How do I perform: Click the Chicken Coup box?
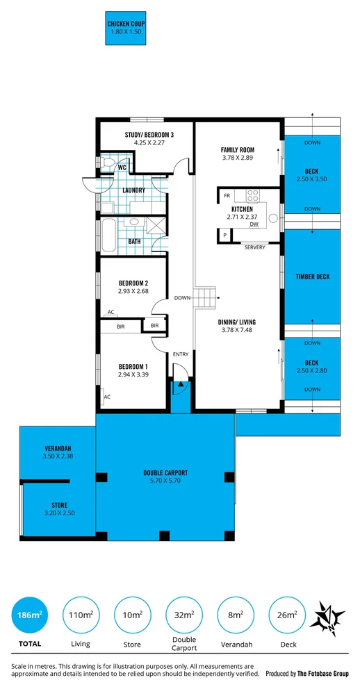(125, 28)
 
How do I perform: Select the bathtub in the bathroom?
(108, 235)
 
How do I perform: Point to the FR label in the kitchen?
(227, 195)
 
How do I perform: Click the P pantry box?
(224, 235)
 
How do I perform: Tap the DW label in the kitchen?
(254, 225)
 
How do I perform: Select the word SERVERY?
(255, 247)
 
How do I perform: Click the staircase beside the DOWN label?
(206, 297)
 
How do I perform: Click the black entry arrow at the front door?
(180, 385)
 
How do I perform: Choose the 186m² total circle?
(30, 615)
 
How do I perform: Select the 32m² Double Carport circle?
(184, 615)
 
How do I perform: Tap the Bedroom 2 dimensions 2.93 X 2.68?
(133, 290)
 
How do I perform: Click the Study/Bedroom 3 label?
(148, 135)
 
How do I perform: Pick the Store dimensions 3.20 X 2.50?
(59, 513)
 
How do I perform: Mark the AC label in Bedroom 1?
(107, 397)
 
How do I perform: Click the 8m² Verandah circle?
(236, 615)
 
